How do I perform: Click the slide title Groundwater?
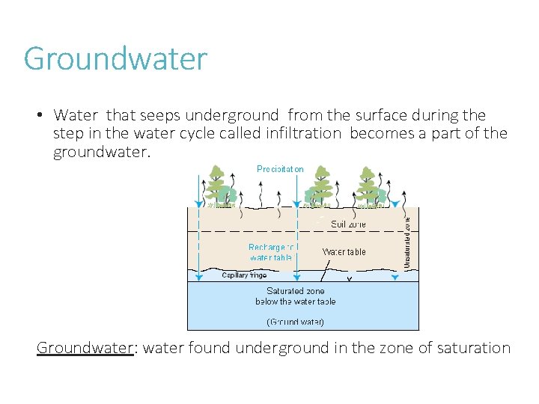pos(115,58)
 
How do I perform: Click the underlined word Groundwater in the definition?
pos(85,348)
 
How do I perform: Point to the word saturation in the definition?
pos(467,348)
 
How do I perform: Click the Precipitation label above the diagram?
pos(280,169)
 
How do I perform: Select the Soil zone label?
pos(348,224)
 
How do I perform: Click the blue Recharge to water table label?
pos(270,252)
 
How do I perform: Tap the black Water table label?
pos(344,252)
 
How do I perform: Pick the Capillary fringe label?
pos(244,275)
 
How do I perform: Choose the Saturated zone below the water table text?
pos(295,296)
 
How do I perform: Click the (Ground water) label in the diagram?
pos(295,322)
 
